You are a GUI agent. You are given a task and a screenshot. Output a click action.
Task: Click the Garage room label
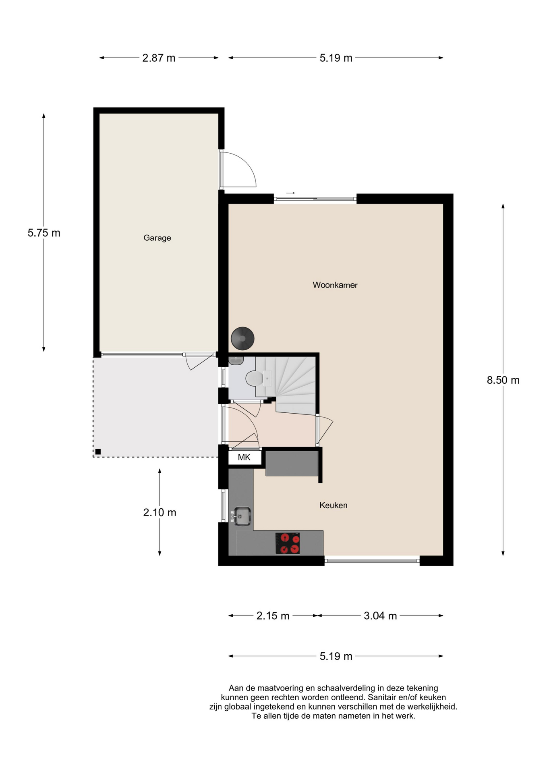(x=157, y=238)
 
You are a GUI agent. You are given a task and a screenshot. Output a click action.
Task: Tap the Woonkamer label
(x=335, y=285)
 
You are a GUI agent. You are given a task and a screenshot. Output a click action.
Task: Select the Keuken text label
(x=333, y=505)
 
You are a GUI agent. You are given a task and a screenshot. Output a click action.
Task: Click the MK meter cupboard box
(x=244, y=457)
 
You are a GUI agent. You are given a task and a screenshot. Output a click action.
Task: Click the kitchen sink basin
(x=242, y=516)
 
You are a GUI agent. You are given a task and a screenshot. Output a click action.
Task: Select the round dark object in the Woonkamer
(x=242, y=338)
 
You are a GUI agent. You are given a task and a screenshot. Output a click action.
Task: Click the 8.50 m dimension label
(x=503, y=380)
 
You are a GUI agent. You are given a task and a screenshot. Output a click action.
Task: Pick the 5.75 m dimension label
(x=44, y=233)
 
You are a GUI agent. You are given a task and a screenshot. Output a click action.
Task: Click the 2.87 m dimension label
(x=159, y=58)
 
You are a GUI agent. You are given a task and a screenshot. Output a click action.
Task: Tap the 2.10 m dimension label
(x=160, y=512)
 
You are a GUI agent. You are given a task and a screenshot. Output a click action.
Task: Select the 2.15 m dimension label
(x=273, y=616)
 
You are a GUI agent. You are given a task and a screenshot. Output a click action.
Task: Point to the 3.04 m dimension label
(x=380, y=616)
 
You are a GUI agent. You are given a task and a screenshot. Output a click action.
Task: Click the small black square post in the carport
(x=98, y=451)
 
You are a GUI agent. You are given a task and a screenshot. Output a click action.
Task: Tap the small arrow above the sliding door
(x=290, y=193)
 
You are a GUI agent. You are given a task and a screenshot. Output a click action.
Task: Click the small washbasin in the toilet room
(x=236, y=360)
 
